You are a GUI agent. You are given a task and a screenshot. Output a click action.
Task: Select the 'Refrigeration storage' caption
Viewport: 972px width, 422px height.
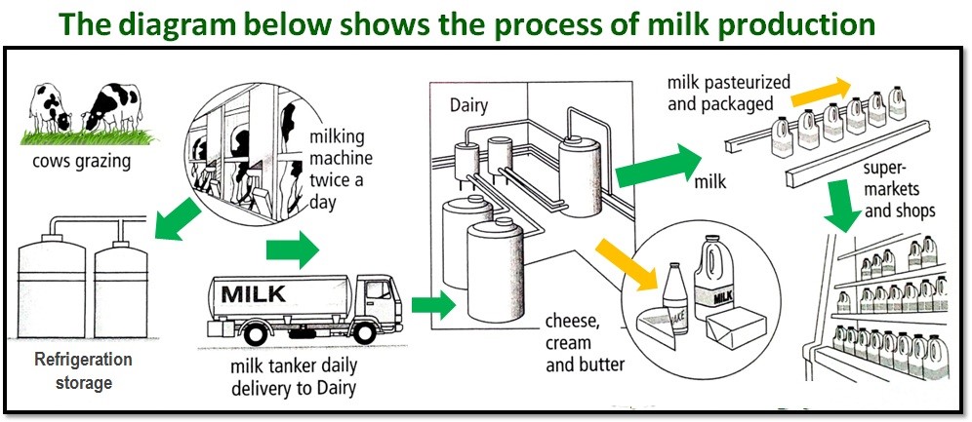83,371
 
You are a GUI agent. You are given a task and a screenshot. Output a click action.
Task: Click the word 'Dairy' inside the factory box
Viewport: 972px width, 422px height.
470,103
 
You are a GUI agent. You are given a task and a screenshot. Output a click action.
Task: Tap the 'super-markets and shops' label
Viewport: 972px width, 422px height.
899,194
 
